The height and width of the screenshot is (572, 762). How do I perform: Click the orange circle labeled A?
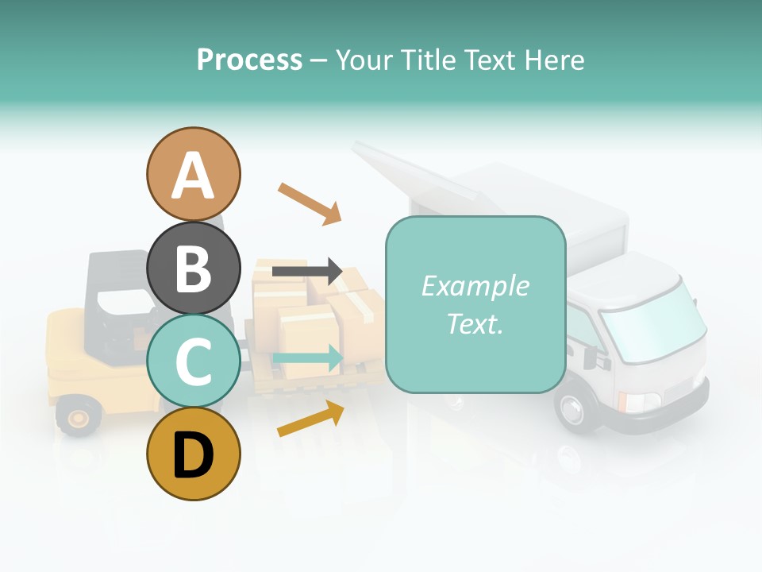coord(193,174)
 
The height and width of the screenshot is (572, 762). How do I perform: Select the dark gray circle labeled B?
coord(193,268)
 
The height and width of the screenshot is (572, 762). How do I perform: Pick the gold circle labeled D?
coord(193,454)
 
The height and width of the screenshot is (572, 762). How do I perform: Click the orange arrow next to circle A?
coord(310,203)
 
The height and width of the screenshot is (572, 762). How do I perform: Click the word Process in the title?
coord(249,60)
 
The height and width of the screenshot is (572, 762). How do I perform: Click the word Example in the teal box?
coord(475,286)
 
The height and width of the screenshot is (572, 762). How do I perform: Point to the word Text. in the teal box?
coord(475,323)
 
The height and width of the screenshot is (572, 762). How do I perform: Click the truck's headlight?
coord(640,402)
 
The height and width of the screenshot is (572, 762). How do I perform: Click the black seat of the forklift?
coord(119,302)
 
